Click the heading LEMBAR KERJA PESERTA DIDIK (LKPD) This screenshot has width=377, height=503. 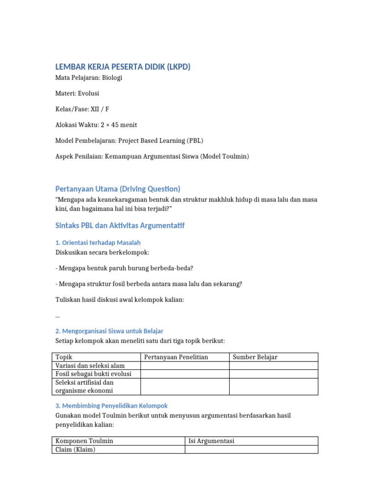point(122,67)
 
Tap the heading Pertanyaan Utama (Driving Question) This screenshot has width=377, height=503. point(118,189)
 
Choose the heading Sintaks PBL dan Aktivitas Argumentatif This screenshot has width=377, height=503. point(120,225)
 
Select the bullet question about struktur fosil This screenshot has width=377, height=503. point(149,284)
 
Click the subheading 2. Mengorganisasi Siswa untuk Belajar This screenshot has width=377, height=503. point(109,331)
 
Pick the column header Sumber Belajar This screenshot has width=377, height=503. point(255,357)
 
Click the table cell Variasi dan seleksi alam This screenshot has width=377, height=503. point(90,365)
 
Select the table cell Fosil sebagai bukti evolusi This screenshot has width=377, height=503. point(93,374)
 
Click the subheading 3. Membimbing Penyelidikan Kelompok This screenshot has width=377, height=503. point(111,406)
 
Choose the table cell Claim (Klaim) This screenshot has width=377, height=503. point(76,449)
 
